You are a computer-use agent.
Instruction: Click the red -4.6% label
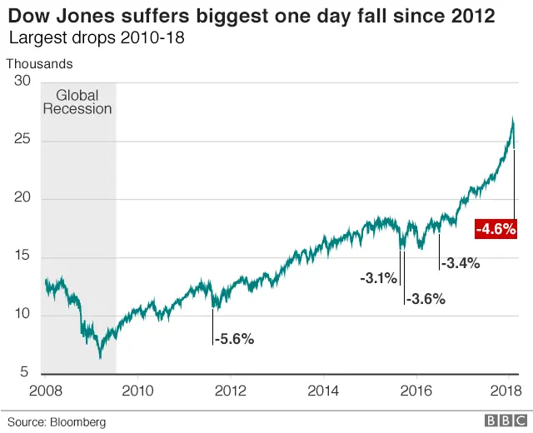pos(496,227)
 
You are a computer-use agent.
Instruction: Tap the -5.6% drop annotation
pos(234,339)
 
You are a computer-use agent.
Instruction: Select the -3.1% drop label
pos(378,278)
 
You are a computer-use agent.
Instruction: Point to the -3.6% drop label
pos(426,299)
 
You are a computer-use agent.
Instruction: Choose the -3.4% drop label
pos(460,264)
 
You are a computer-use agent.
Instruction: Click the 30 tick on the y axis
pos(22,82)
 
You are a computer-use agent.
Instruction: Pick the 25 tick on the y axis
pos(22,140)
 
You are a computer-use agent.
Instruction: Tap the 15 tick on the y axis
pos(22,256)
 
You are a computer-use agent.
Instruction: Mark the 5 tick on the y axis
pos(25,373)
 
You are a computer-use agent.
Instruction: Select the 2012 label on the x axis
pos(231,391)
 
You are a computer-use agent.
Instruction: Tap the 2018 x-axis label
pos(506,391)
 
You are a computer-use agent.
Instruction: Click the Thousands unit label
pos(39,64)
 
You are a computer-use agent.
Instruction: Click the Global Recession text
pos(77,102)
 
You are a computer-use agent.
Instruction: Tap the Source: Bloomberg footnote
pos(57,422)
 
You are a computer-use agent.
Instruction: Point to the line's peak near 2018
pos(512,118)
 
